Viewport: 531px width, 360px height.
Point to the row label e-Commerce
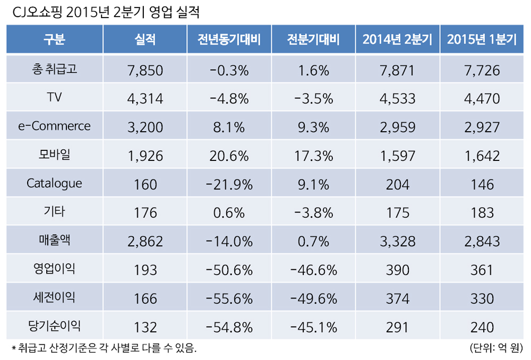click(54, 126)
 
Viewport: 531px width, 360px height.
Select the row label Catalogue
click(54, 184)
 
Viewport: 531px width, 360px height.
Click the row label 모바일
click(54, 155)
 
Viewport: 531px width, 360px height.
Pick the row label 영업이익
click(54, 269)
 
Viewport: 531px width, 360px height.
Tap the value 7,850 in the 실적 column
click(145, 70)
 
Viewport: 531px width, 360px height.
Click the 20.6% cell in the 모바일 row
click(229, 156)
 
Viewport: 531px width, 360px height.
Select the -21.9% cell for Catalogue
click(229, 184)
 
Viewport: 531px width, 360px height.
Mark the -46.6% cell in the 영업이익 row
click(313, 270)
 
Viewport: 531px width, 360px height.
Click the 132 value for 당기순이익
click(145, 328)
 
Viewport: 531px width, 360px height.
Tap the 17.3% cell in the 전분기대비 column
click(313, 156)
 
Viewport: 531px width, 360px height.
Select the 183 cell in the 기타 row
click(482, 213)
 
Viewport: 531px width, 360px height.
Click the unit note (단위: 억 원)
click(496, 349)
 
